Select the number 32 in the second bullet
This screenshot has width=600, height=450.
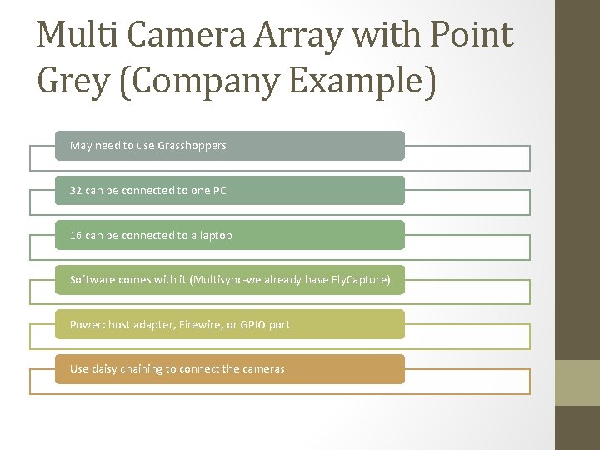76,191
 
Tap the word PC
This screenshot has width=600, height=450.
219,191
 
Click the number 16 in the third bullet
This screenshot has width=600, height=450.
76,235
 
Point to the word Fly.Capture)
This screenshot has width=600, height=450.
358,280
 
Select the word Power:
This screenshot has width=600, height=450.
87,324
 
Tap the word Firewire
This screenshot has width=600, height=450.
200,324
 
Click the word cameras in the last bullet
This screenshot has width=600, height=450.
263,369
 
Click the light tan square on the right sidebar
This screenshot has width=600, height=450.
577,382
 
